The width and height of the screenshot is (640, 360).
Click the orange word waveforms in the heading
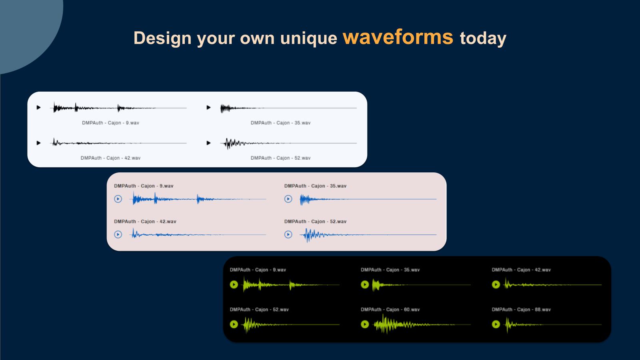(x=398, y=37)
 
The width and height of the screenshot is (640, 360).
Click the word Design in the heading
(x=162, y=38)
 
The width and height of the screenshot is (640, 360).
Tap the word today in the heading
(x=483, y=38)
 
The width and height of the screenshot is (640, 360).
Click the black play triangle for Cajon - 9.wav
(x=38, y=108)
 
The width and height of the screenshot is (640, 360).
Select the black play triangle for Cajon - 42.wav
(x=38, y=143)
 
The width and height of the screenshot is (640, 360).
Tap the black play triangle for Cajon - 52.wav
(x=208, y=143)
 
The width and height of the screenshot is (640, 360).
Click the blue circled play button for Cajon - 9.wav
(x=118, y=199)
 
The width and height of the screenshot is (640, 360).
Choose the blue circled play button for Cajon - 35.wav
(x=288, y=199)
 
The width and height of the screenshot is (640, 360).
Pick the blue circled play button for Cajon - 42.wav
(x=118, y=234)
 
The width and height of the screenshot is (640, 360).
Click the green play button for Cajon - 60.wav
(x=365, y=324)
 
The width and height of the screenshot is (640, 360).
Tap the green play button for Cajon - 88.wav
(x=496, y=324)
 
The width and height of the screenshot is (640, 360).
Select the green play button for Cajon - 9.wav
(x=234, y=284)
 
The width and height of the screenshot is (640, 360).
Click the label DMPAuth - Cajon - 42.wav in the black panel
(x=521, y=270)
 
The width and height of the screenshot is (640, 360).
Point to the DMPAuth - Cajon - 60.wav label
(x=390, y=310)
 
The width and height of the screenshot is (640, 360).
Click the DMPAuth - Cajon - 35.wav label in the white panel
(x=280, y=123)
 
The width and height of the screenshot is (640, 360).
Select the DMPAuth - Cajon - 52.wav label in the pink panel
(x=315, y=222)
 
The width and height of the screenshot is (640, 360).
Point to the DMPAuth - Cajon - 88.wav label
(x=521, y=310)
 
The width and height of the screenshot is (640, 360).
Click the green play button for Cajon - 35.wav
(x=365, y=284)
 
